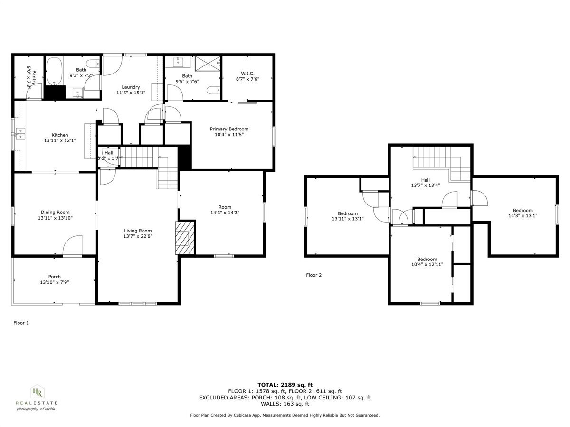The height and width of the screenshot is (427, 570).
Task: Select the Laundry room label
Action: [x=131, y=87]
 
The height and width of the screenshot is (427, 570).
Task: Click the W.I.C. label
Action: [x=247, y=74]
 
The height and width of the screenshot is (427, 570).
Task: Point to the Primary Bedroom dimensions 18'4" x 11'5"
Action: [x=229, y=135]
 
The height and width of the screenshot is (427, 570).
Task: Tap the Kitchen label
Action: [x=60, y=135]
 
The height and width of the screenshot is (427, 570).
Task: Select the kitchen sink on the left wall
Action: [x=20, y=133]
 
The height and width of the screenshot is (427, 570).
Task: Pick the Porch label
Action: [x=54, y=277]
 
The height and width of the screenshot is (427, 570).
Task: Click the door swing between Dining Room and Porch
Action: [x=72, y=246]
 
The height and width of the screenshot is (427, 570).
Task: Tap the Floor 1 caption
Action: [x=21, y=323]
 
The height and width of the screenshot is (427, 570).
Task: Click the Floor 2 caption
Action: [x=313, y=275]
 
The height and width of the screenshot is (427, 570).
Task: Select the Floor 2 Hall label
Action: [x=425, y=180]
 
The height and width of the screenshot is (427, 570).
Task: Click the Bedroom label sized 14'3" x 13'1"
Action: [x=522, y=210]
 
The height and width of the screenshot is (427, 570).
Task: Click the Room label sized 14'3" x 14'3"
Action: [x=225, y=207]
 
